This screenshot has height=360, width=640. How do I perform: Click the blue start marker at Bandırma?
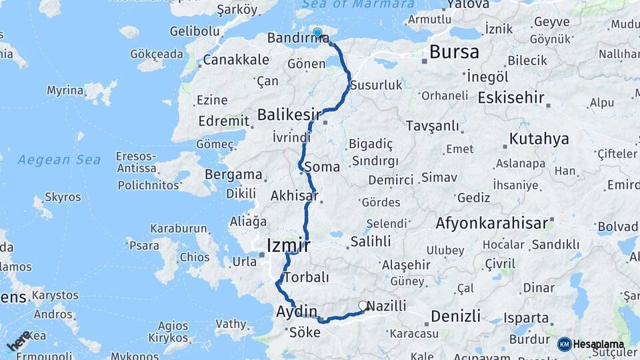pos(317,33)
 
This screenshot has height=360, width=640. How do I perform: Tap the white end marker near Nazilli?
pos(363,305)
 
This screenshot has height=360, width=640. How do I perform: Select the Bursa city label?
pos(454,52)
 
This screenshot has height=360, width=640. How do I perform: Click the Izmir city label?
pos(288,245)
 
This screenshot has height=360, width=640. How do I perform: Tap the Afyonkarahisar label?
pos(491,223)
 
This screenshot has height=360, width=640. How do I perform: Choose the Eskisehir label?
pos(511,97)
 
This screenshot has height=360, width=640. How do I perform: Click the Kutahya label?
pos(539,139)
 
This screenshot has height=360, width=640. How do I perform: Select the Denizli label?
pos(455,315)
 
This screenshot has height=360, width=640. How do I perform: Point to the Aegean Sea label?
pos(59,160)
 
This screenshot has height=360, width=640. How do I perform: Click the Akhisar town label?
pos(294,196)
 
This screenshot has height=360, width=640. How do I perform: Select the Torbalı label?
pos(306,277)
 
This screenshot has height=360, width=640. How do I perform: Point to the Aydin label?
pos(297,311)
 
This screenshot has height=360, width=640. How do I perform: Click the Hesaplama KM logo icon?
pos(564,344)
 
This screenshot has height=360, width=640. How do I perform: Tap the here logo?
pos(18,341)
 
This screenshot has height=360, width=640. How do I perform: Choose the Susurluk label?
pos(377,85)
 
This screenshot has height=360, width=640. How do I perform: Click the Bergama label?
pos(233,175)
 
